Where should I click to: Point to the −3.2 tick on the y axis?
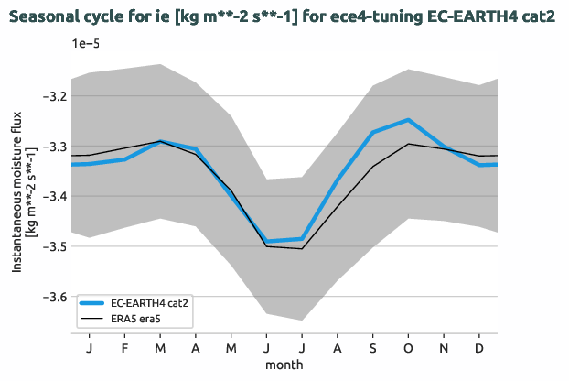tap(54, 96)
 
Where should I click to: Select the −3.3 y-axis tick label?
tap(54, 147)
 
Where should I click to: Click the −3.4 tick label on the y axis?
tap(54, 197)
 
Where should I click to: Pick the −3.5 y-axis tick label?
tap(54, 247)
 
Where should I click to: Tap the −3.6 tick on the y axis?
tap(54, 298)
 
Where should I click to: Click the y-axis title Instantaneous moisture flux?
tap(17, 197)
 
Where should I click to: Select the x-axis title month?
tap(284, 364)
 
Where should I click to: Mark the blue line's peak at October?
tap(408, 120)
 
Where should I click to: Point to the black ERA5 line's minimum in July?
tap(302, 248)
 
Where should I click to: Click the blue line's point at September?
tap(373, 132)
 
